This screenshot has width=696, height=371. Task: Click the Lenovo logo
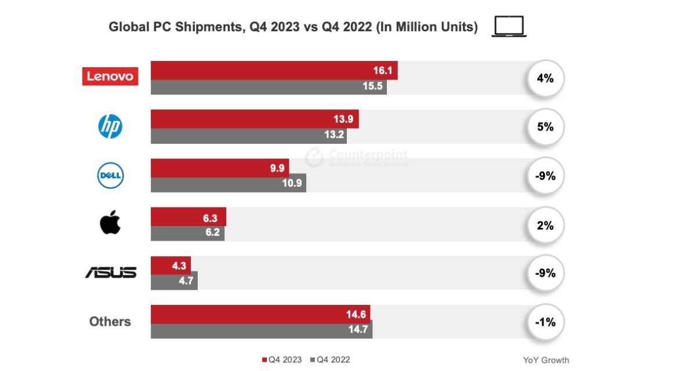pos(110,76)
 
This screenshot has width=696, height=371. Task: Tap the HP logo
pos(110,126)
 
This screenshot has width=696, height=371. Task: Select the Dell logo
pos(110,176)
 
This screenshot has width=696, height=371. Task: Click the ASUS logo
pos(111,272)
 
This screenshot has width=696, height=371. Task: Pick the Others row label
pos(110,322)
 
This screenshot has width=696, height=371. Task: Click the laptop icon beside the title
pos(509,27)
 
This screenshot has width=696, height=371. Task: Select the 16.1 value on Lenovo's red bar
pos(383,71)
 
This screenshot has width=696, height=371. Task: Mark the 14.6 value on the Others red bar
pos(356,315)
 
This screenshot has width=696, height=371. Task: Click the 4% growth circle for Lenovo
pos(545,78)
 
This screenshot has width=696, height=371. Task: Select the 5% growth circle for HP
pos(545,126)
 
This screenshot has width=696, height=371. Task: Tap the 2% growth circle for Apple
pos(545,225)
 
